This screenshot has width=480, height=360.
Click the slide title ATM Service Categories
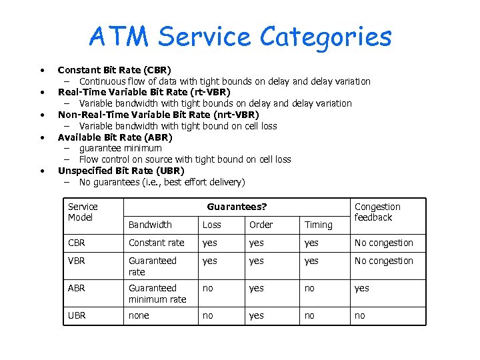click(240, 37)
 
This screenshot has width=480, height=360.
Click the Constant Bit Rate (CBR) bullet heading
click(114, 70)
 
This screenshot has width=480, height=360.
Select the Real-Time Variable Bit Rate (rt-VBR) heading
click(144, 92)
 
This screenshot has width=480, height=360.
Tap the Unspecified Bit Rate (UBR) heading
click(121, 171)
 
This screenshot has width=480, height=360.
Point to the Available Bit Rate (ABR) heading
click(115, 137)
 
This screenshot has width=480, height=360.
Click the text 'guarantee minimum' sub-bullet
click(120, 148)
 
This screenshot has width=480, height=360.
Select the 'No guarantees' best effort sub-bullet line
click(161, 182)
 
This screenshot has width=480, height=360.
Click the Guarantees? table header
click(237, 207)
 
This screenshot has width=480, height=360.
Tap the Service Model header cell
click(83, 212)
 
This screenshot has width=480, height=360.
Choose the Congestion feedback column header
click(377, 212)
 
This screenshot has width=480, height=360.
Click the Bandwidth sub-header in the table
click(150, 225)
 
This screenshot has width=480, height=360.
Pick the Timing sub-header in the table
click(318, 225)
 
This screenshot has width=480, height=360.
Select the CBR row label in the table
click(77, 243)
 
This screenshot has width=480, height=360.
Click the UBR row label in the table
click(77, 315)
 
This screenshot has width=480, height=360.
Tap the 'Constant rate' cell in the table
click(156, 243)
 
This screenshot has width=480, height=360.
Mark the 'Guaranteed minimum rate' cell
click(157, 293)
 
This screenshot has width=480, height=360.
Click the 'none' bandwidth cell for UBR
click(139, 315)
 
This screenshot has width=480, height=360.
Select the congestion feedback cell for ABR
click(361, 289)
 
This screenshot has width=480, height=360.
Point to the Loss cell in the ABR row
click(208, 289)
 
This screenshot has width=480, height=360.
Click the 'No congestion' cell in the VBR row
click(383, 261)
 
